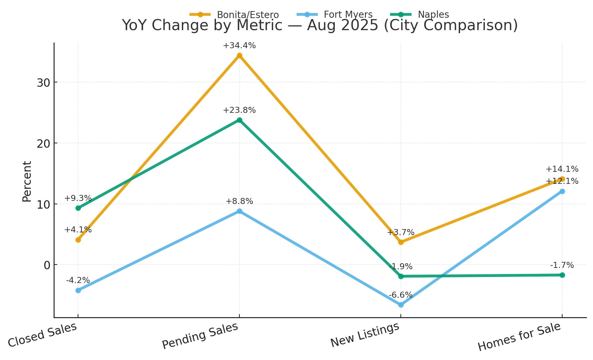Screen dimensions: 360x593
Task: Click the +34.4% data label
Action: click(239, 46)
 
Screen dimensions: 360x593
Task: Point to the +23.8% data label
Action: click(239, 110)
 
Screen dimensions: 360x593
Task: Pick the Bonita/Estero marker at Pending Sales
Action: click(239, 56)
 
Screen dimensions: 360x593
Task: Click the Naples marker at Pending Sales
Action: click(239, 120)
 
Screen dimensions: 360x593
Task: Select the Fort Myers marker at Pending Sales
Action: click(239, 211)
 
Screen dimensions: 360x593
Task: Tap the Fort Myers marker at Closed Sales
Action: click(78, 290)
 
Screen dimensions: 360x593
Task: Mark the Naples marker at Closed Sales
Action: click(78, 208)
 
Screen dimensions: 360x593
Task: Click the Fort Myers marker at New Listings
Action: click(401, 305)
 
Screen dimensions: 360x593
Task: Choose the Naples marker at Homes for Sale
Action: click(562, 275)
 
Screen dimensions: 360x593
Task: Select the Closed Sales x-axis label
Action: click(43, 335)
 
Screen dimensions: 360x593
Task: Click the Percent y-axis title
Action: click(27, 181)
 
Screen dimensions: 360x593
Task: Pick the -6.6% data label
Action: click(401, 295)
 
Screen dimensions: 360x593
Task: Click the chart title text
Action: click(320, 25)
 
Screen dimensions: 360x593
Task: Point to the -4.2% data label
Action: click(78, 280)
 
